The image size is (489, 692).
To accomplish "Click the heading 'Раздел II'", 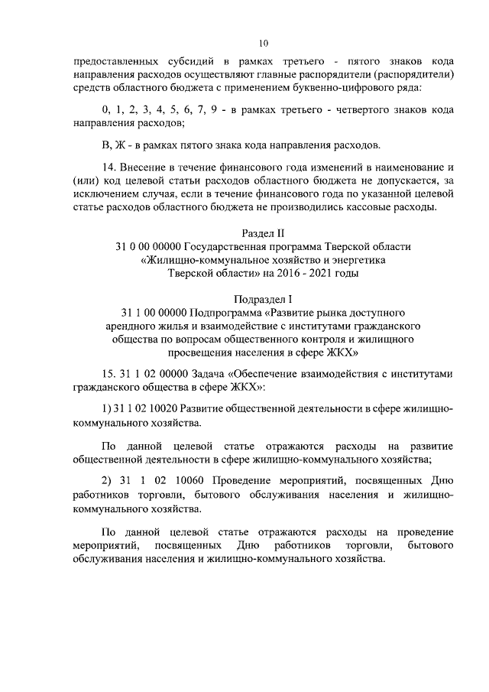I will point(264,232).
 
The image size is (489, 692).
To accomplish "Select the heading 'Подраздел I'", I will point(264,299).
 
